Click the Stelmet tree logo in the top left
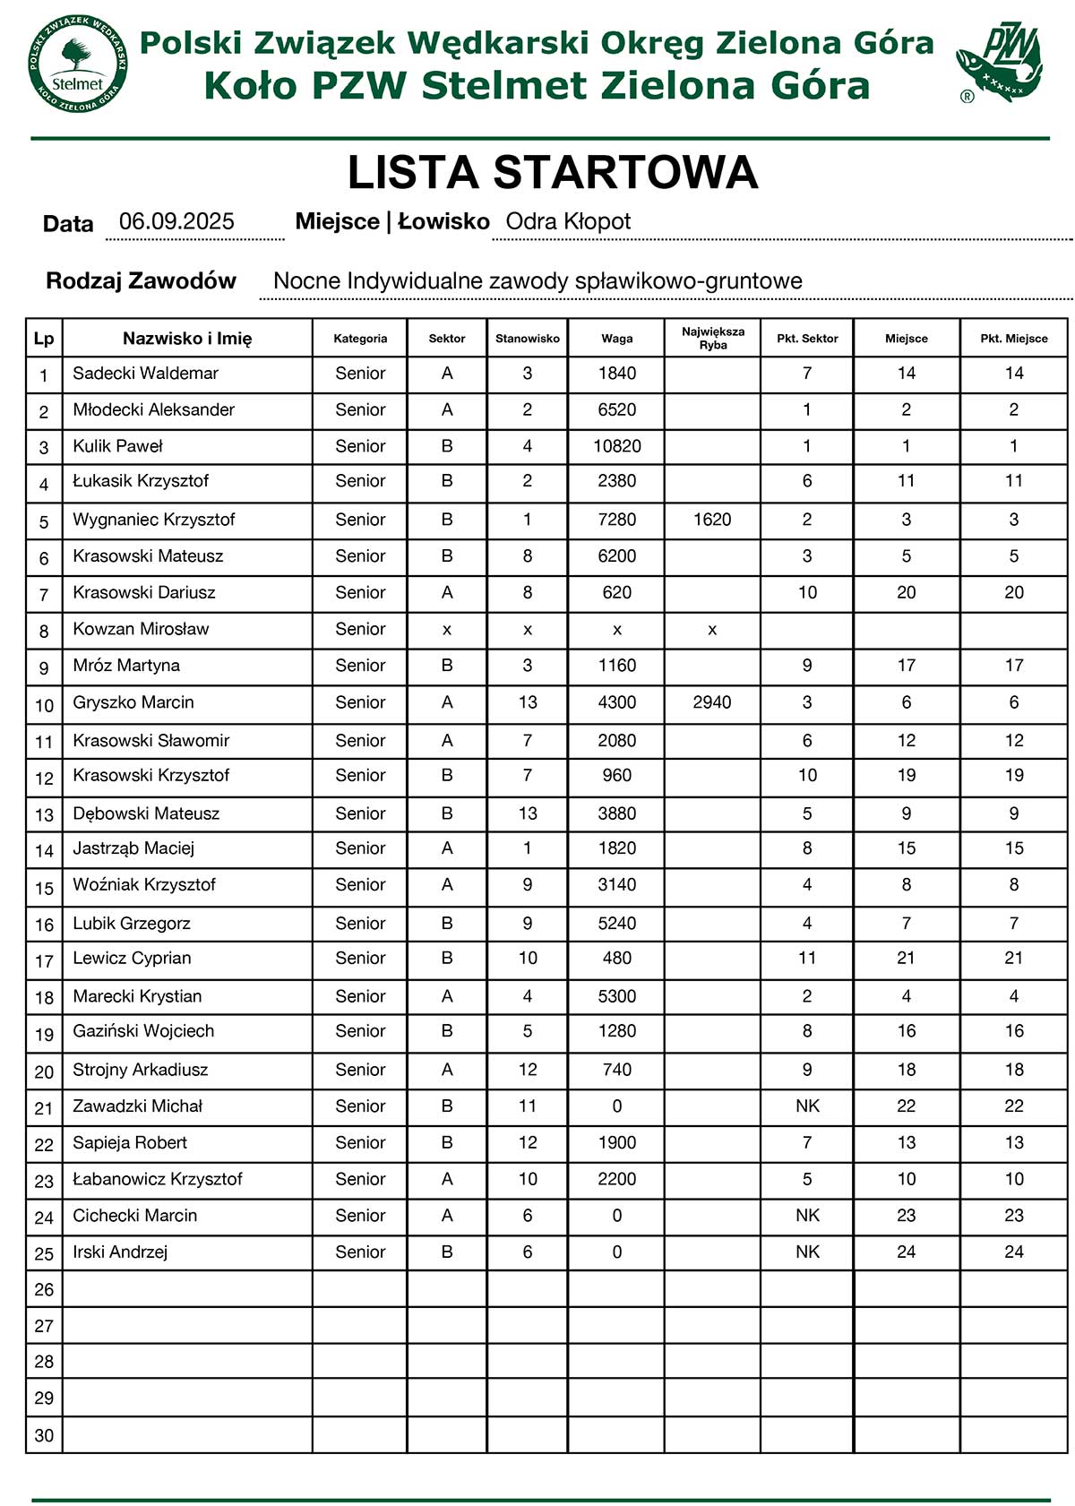pyautogui.click(x=78, y=65)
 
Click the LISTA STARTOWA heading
pyautogui.click(x=553, y=173)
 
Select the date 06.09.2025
pyautogui.click(x=176, y=222)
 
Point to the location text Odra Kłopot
pyautogui.click(x=568, y=222)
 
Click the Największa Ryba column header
pyautogui.click(x=712, y=339)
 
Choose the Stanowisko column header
pyautogui.click(x=527, y=339)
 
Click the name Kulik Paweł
pyautogui.click(x=117, y=446)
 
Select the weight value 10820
pyautogui.click(x=617, y=446)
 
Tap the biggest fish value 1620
pyautogui.click(x=712, y=520)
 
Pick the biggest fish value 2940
pyautogui.click(x=712, y=702)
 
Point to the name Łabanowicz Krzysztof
pyautogui.click(x=158, y=1179)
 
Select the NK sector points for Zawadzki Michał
pyautogui.click(x=807, y=1106)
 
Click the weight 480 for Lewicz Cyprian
pyautogui.click(x=617, y=959)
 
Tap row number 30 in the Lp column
pyautogui.click(x=44, y=1435)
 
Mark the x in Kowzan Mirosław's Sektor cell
pyautogui.click(x=447, y=630)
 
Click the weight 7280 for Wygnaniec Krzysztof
pyautogui.click(x=617, y=520)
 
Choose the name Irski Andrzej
pyautogui.click(x=120, y=1252)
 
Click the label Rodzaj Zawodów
pyautogui.click(x=141, y=281)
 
